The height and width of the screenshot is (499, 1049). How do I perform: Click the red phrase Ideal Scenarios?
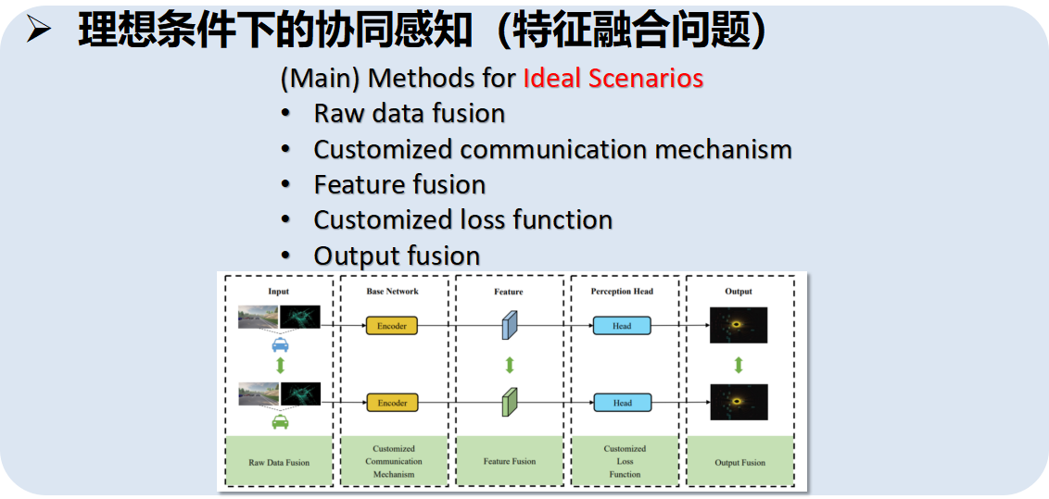[x=613, y=78]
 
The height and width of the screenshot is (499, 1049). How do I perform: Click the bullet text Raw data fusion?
[x=409, y=114]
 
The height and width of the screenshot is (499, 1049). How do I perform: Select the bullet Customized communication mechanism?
[x=552, y=149]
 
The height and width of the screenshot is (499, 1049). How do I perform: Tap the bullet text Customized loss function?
[x=462, y=220]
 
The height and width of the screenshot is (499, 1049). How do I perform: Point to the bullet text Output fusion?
[x=397, y=256]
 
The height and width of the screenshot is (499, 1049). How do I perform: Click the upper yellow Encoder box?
[x=392, y=326]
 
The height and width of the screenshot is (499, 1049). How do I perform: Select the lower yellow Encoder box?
[x=392, y=403]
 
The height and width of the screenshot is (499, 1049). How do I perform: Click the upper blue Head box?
[x=622, y=326]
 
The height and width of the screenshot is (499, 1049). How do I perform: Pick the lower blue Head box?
[x=622, y=403]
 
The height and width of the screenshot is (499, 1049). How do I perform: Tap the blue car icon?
[x=279, y=344]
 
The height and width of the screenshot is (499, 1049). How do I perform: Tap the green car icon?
[x=279, y=422]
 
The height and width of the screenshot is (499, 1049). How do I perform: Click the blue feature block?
[x=509, y=326]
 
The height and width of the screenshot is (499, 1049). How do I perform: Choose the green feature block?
[x=509, y=404]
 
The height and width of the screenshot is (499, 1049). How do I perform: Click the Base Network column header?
[x=392, y=292]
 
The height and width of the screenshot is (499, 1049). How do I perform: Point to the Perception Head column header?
[x=622, y=292]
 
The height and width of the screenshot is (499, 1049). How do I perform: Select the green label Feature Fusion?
[x=509, y=461]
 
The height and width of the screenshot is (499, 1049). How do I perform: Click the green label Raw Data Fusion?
[x=279, y=462]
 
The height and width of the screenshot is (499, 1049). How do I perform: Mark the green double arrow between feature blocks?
[x=509, y=365]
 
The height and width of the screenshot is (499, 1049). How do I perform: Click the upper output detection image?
[x=739, y=326]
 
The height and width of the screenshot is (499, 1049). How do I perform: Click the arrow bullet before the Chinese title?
[x=39, y=31]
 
